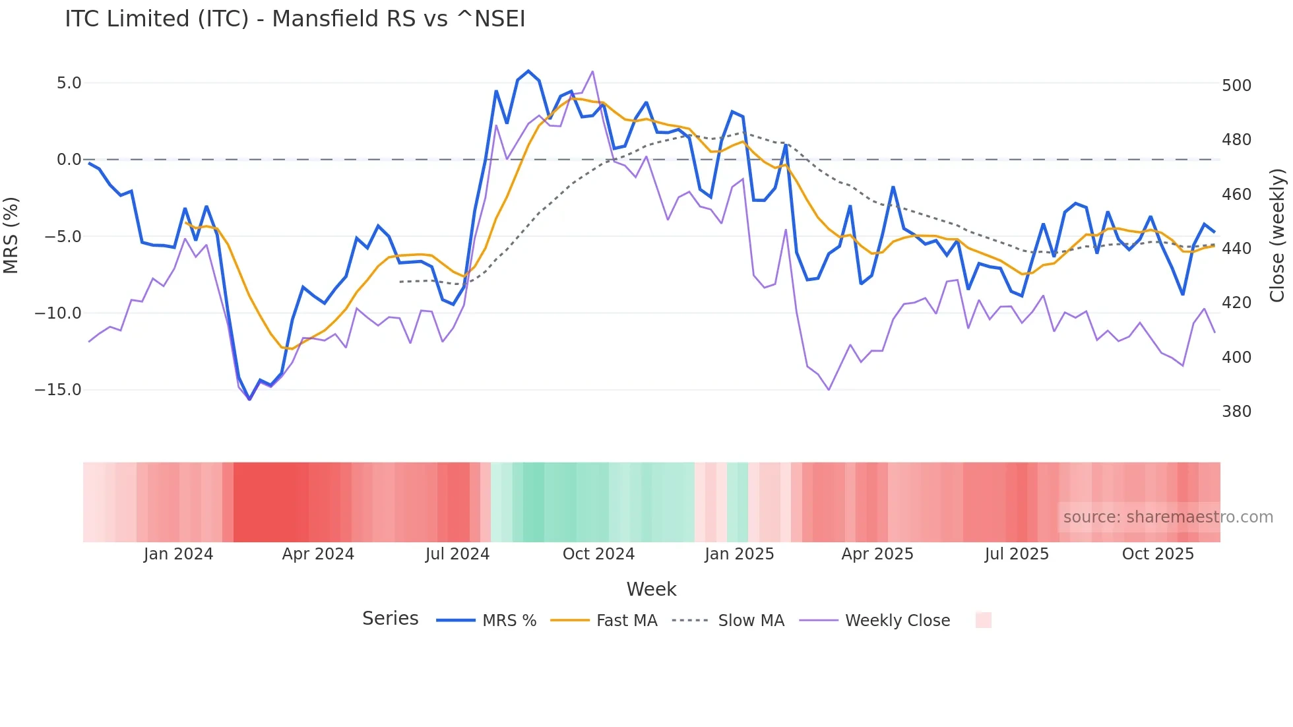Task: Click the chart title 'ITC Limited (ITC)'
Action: [295, 19]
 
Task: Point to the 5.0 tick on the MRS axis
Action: [69, 83]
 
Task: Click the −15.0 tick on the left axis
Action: [58, 390]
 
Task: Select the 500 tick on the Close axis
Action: [1236, 86]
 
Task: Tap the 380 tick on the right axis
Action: [1236, 412]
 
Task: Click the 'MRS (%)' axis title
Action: [11, 236]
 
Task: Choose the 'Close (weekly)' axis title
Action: [1277, 236]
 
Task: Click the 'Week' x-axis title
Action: [651, 589]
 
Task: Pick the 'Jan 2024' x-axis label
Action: [178, 554]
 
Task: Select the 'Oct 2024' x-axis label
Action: [598, 554]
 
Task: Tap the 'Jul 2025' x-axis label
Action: [1017, 554]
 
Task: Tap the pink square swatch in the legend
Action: [983, 620]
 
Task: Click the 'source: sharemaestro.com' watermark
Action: [1168, 517]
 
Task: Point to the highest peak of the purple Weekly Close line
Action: [592, 71]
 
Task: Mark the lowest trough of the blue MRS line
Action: [249, 399]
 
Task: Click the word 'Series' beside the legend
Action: [390, 619]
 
